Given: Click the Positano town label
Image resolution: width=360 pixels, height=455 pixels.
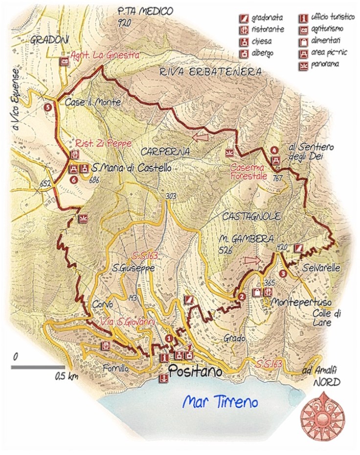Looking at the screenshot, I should [195, 371].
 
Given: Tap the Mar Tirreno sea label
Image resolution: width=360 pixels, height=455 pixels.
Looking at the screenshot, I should [220, 402].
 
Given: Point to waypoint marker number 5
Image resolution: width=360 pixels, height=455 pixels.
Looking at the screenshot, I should [47, 107].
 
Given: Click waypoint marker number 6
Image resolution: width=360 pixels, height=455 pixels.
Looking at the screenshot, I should [74, 179].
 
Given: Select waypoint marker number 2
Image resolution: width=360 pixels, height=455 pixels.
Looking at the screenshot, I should [241, 296].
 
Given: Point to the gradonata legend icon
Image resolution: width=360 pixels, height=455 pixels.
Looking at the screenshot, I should [243, 19].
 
